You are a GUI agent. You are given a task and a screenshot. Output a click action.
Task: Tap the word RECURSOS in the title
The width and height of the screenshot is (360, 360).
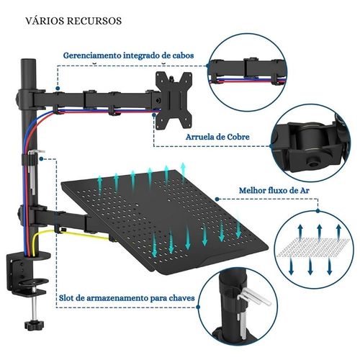[x=94, y=21]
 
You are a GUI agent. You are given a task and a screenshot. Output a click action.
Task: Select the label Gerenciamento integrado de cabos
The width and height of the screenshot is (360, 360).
[x=128, y=55]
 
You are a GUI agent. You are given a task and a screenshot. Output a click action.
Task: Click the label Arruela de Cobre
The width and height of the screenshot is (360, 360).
[x=217, y=137]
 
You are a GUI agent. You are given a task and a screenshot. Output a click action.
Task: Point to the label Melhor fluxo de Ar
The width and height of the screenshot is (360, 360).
[x=274, y=191]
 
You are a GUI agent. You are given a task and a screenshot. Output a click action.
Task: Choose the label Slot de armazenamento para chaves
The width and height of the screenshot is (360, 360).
[x=127, y=298]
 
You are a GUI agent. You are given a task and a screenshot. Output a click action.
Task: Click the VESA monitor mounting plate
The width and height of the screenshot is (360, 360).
[x=174, y=100]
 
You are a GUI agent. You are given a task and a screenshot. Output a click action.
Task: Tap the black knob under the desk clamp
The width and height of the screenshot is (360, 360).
[x=35, y=325]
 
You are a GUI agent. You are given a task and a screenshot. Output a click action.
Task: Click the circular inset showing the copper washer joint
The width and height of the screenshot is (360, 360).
[x=312, y=143]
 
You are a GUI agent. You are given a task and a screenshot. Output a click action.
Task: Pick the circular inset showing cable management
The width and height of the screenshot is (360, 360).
[x=247, y=72]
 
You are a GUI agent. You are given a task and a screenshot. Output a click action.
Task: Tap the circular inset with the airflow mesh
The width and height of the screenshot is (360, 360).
[x=314, y=250]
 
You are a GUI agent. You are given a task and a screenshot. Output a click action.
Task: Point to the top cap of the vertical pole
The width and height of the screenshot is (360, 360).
[x=28, y=60]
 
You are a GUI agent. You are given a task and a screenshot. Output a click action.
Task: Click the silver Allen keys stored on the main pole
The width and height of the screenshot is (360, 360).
[x=34, y=171]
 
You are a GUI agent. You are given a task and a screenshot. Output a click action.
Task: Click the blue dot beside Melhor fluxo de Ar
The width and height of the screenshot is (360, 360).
[x=217, y=199]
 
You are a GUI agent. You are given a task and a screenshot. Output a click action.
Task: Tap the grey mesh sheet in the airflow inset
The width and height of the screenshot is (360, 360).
[x=313, y=248]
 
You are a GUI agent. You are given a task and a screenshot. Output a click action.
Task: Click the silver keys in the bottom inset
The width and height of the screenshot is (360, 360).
[x=251, y=310]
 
